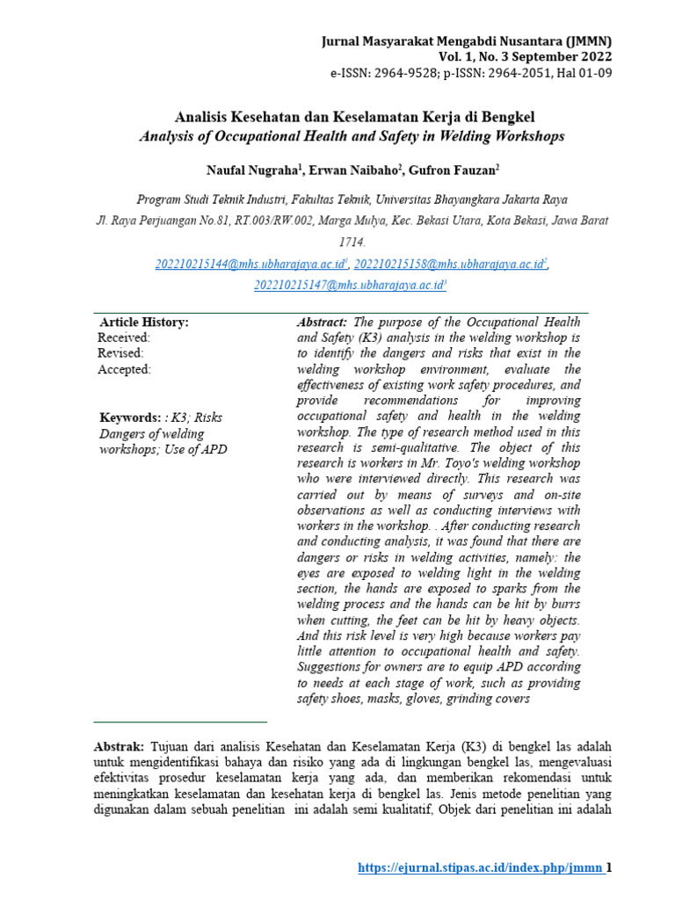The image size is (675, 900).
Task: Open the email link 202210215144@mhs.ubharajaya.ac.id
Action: (x=250, y=264)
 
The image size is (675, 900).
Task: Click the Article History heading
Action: (x=144, y=323)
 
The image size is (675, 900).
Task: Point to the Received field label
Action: (x=124, y=337)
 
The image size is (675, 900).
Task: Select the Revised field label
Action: (x=120, y=353)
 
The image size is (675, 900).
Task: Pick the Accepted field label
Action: (x=124, y=369)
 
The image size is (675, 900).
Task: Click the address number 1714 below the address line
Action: (x=351, y=242)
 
